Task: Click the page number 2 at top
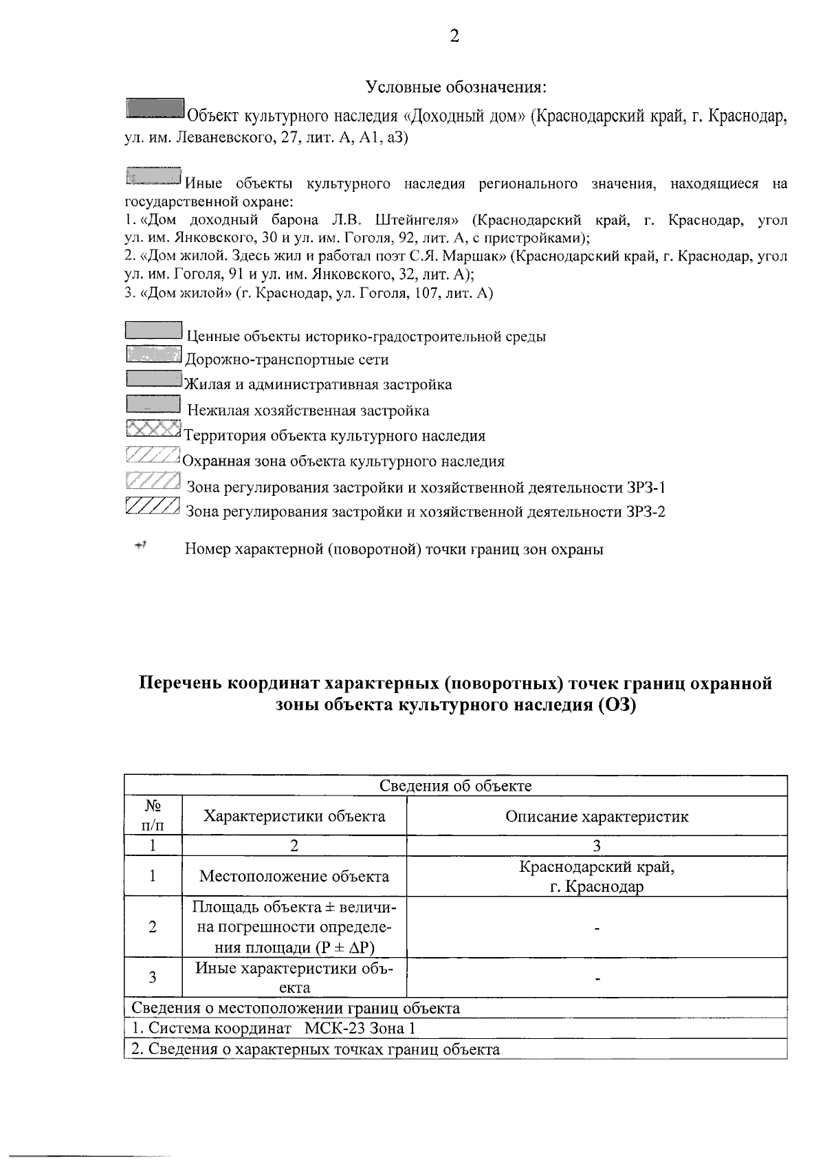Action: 454,36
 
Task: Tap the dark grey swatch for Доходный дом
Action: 155,109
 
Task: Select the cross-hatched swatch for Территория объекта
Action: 153,429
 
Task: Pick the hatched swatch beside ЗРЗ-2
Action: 153,506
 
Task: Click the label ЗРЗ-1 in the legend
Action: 646,488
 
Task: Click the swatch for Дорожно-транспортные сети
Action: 153,355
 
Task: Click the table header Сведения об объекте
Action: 456,786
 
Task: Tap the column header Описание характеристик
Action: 596,816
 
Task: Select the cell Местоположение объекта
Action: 294,876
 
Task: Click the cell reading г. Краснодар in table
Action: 596,886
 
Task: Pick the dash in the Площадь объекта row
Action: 597,928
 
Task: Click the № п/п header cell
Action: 153,815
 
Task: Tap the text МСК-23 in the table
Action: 335,1029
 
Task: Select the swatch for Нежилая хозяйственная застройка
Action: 153,405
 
